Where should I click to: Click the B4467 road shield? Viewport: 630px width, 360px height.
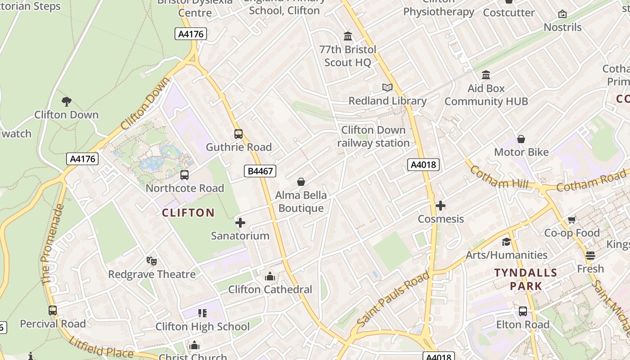(260, 171)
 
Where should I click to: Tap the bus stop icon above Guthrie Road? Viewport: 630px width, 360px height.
(238, 134)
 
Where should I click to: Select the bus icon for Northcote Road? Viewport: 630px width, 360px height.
(184, 175)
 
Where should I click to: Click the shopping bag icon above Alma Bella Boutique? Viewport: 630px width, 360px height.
(301, 182)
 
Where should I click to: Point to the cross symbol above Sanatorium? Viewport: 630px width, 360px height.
(240, 222)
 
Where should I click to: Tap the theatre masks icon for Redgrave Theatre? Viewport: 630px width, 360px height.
(152, 261)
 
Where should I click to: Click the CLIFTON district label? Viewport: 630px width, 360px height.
(188, 213)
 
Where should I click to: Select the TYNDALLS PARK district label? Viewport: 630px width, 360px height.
(526, 279)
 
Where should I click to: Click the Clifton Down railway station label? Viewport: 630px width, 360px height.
(373, 136)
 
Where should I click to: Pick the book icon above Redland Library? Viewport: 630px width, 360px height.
(387, 87)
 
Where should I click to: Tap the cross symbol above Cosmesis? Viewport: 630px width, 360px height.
(441, 206)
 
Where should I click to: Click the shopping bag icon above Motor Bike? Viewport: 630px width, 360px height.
(521, 139)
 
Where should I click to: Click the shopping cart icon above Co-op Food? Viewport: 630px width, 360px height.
(571, 220)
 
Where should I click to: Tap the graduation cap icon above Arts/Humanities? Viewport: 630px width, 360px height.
(506, 242)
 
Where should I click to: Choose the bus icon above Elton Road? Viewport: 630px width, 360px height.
(523, 311)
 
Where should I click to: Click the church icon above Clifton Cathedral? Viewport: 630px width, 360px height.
(270, 276)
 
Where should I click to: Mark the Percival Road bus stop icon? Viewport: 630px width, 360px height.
(53, 310)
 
